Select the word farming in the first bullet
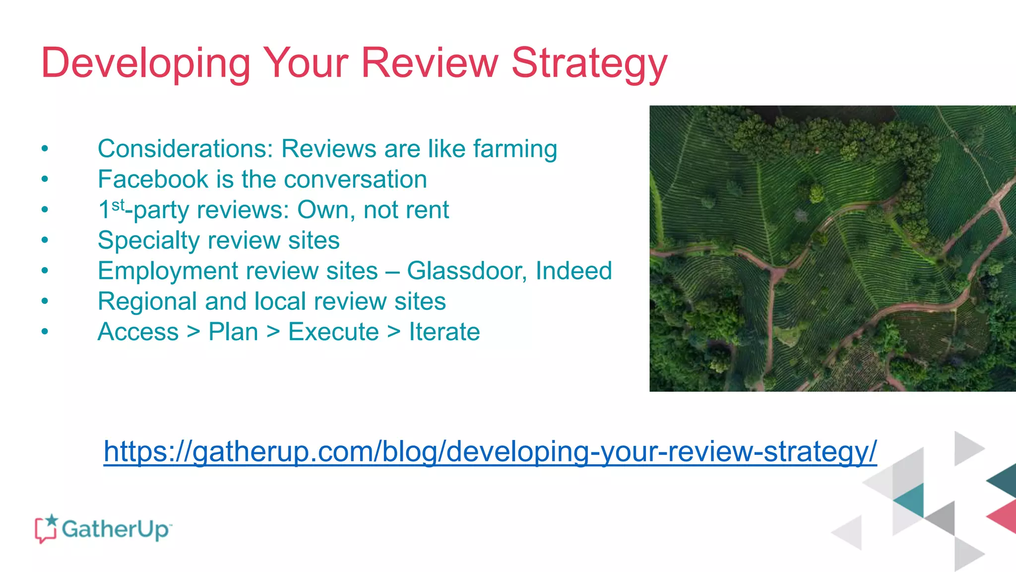tap(515, 149)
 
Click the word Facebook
tap(153, 179)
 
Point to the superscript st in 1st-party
tap(118, 205)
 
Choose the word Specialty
tap(148, 240)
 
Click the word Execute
tap(333, 332)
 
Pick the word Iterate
tap(444, 332)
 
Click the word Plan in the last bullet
tap(233, 332)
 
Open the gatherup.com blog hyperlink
tap(490, 451)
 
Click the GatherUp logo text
tap(115, 529)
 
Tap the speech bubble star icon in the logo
tap(46, 528)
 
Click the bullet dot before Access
tap(45, 332)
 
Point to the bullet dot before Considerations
tap(45, 149)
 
